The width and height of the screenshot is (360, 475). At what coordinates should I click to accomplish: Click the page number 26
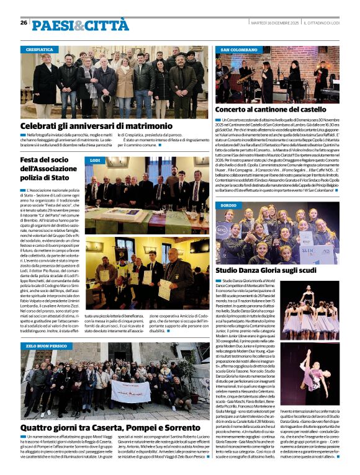pos(23,23)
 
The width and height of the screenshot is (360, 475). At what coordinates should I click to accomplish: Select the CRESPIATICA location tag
pos(39,49)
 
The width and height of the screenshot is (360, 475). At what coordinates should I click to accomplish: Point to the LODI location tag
pos(95,161)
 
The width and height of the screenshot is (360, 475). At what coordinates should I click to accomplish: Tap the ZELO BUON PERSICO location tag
pos(47,345)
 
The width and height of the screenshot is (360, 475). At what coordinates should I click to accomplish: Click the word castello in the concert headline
pos(318,109)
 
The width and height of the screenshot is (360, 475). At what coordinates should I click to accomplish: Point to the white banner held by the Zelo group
pos(130,391)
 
